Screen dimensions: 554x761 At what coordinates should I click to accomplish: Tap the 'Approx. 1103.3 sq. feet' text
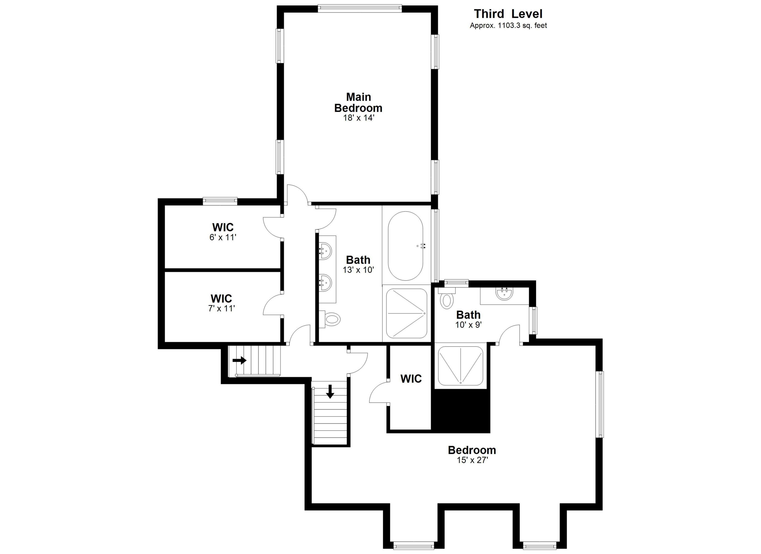(508, 26)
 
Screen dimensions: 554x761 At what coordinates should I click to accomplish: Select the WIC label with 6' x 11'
(223, 227)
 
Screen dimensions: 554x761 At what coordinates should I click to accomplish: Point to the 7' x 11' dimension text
(222, 308)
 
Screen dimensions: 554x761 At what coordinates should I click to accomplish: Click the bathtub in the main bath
(405, 246)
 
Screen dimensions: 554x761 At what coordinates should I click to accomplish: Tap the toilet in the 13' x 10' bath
(331, 319)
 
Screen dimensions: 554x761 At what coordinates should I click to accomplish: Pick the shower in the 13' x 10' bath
(406, 313)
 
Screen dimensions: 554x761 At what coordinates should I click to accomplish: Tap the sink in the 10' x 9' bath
(504, 294)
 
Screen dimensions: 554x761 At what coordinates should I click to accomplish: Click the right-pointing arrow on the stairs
(240, 360)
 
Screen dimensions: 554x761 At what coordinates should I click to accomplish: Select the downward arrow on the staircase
(330, 391)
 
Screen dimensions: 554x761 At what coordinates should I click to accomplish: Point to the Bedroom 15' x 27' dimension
(472, 460)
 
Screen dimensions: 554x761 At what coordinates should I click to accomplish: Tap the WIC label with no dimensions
(411, 379)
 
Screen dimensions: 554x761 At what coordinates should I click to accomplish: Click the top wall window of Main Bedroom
(360, 8)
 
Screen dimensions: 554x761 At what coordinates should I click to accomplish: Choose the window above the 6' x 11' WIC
(220, 201)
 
